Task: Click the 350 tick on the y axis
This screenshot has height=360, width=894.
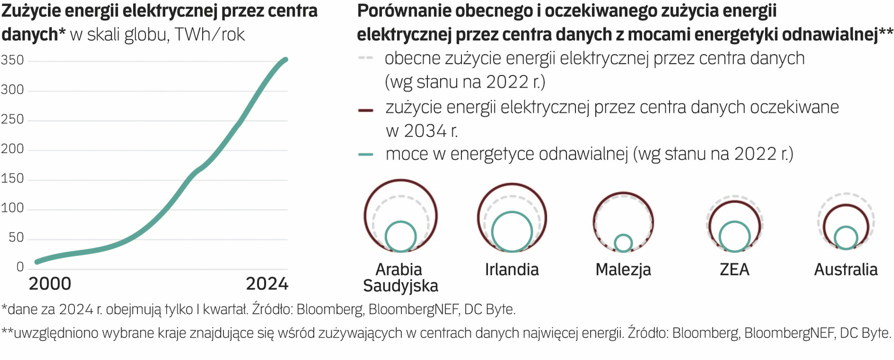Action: point(13,60)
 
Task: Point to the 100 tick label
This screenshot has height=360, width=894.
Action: point(13,208)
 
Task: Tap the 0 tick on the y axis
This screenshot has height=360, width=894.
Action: point(20,267)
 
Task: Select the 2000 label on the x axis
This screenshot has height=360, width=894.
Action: point(50,284)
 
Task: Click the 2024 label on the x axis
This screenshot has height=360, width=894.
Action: point(267,284)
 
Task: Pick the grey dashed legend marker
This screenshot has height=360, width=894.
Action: point(366,58)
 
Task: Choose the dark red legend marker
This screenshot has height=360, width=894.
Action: point(366,110)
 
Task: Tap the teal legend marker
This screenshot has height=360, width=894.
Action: point(366,155)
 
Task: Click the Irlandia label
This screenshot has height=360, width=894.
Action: point(512,270)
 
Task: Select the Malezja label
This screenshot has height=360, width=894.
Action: point(623,270)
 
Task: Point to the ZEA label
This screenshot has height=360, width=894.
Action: point(734,270)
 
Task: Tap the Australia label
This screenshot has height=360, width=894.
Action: point(846,270)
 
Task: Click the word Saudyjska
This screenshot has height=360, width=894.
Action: point(400,286)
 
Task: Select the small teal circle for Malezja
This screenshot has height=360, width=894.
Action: point(623,243)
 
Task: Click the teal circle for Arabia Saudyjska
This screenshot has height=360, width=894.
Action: point(400,236)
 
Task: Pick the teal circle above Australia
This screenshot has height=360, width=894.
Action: point(846,238)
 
